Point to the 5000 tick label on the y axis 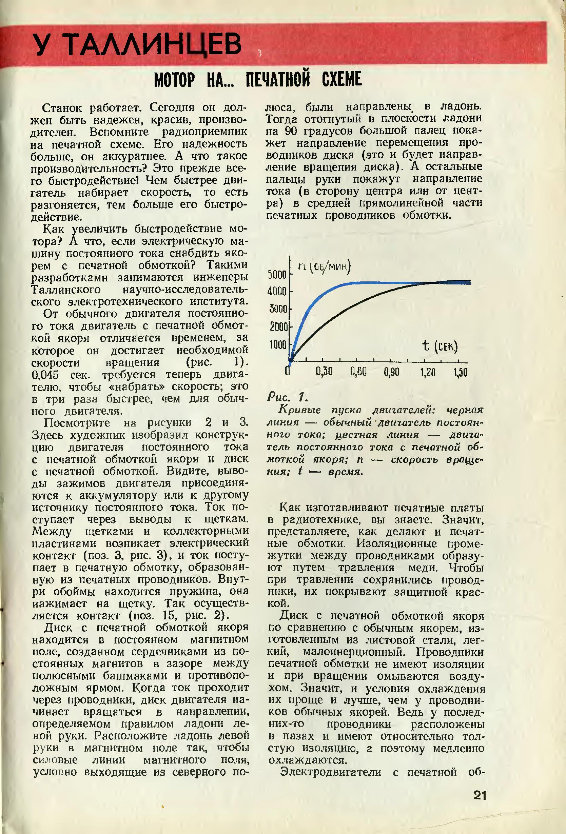click(x=277, y=275)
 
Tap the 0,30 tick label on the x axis click(x=324, y=373)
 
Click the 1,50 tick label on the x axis click(x=461, y=373)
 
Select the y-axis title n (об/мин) click(x=324, y=267)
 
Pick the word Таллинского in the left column click(x=66, y=289)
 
